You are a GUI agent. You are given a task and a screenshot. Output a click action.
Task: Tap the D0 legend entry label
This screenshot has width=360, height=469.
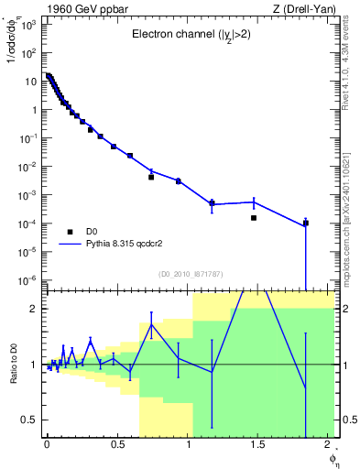93,233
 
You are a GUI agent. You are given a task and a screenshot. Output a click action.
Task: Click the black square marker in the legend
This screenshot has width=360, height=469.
70,233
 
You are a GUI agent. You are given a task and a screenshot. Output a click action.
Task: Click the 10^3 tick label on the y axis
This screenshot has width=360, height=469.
29,25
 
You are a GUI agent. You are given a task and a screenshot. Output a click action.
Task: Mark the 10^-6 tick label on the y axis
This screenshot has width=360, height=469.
29,280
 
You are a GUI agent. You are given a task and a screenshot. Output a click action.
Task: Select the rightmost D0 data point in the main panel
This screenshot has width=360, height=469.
306,223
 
